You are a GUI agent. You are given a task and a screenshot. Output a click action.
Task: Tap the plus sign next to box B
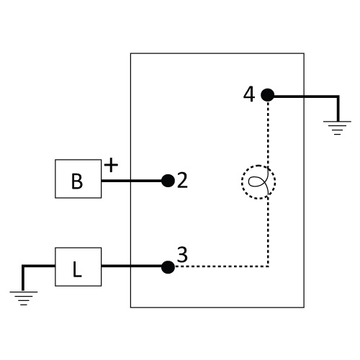(111, 165)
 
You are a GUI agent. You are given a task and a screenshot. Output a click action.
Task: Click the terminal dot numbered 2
(168, 181)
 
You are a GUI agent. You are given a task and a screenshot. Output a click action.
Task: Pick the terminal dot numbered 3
(168, 267)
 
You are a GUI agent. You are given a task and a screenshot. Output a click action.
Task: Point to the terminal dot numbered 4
(268, 95)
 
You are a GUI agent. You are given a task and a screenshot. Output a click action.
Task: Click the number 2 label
(182, 181)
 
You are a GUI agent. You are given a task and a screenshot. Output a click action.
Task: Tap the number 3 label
(182, 254)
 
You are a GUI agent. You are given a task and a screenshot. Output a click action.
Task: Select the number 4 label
(249, 94)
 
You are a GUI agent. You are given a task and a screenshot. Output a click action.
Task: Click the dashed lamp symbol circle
(242, 182)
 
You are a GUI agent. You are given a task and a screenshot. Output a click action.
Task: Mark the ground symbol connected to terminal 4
(337, 127)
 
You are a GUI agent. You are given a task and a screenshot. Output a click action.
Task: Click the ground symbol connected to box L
(24, 298)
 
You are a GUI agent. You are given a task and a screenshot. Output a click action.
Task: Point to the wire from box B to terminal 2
(132, 181)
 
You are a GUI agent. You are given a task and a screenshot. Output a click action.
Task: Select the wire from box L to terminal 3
(132, 266)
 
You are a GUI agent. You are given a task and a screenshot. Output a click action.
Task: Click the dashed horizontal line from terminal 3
(221, 266)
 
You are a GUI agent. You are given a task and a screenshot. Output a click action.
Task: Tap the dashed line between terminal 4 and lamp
(268, 133)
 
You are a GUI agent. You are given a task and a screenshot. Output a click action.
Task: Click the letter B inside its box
(77, 181)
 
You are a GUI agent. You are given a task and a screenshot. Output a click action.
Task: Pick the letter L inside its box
(77, 269)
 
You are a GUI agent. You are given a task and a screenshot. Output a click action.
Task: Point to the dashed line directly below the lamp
(268, 233)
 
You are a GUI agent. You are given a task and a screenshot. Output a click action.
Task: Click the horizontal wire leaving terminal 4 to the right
(306, 96)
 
